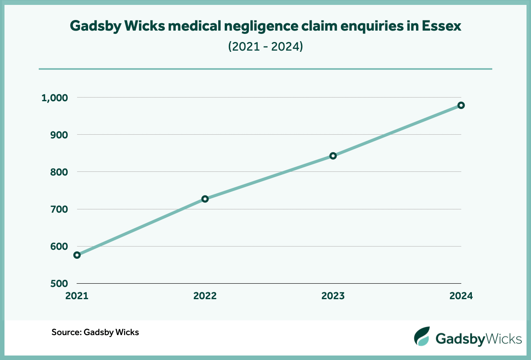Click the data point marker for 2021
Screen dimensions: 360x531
point(77,255)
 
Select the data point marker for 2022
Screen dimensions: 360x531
point(205,199)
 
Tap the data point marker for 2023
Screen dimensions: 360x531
point(333,156)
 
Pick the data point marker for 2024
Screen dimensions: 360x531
point(461,105)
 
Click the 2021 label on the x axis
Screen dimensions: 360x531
point(77,296)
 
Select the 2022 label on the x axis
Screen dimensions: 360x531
point(205,296)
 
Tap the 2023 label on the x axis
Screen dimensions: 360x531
point(333,296)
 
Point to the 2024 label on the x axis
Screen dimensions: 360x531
point(461,296)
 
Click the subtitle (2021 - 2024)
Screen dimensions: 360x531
point(265,47)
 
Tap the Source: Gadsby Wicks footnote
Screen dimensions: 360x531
point(95,332)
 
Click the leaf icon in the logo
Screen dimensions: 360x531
point(422,336)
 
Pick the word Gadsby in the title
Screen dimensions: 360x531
point(95,26)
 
